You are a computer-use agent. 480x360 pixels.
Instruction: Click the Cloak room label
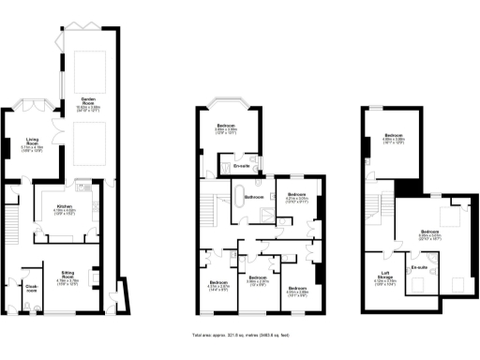pyautogui.click(x=31, y=288)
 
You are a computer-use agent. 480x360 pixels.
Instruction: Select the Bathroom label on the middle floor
pyautogui.click(x=254, y=198)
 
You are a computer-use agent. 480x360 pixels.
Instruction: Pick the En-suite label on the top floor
pyautogui.click(x=419, y=269)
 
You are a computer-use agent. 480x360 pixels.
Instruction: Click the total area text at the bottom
pyautogui.click(x=240, y=335)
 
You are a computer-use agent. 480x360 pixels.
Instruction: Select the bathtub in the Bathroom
pyautogui.click(x=251, y=209)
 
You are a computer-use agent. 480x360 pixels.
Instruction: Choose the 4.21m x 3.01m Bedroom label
pyautogui.click(x=290, y=198)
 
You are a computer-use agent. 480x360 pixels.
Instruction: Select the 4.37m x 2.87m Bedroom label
pyautogui.click(x=217, y=285)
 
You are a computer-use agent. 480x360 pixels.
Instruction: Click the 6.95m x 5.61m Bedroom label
pyautogui.click(x=430, y=233)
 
